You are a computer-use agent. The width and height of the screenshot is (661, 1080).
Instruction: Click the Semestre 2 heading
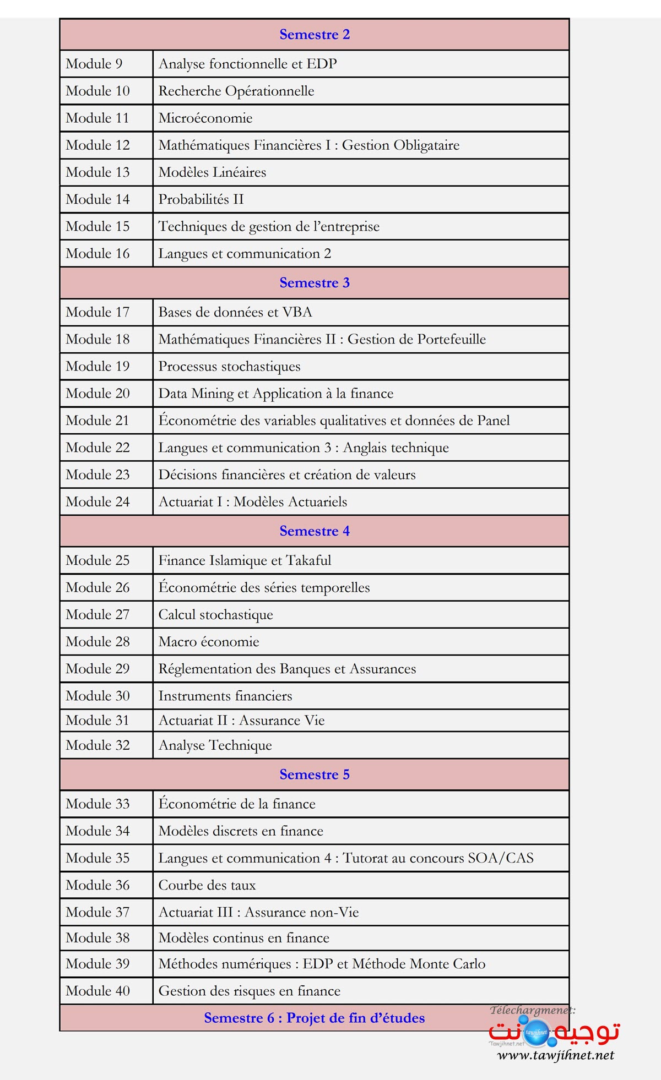click(315, 35)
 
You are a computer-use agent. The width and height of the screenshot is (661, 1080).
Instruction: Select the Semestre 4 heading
click(315, 531)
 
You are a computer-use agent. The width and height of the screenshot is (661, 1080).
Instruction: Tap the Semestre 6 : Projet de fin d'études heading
click(315, 1018)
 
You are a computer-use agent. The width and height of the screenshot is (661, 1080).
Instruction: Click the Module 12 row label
click(97, 145)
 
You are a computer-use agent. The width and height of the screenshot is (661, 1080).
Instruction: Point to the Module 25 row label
click(97, 561)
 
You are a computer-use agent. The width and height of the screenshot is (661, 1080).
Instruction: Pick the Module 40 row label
click(97, 991)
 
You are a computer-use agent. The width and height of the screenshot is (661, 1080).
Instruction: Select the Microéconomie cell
click(205, 118)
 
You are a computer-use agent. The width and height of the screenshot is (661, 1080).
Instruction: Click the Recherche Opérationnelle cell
click(236, 91)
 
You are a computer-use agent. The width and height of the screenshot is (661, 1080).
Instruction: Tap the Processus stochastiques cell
click(229, 367)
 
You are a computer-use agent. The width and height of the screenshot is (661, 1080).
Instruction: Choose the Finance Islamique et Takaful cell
click(245, 561)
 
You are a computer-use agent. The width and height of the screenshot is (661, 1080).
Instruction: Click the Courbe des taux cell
click(207, 886)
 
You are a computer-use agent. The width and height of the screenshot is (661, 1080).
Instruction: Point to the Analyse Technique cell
click(215, 746)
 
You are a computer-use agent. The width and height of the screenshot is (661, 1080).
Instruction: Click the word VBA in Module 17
click(297, 313)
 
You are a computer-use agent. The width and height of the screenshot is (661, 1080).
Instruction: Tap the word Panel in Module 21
click(494, 421)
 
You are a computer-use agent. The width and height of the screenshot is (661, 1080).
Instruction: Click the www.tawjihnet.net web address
click(555, 1055)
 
